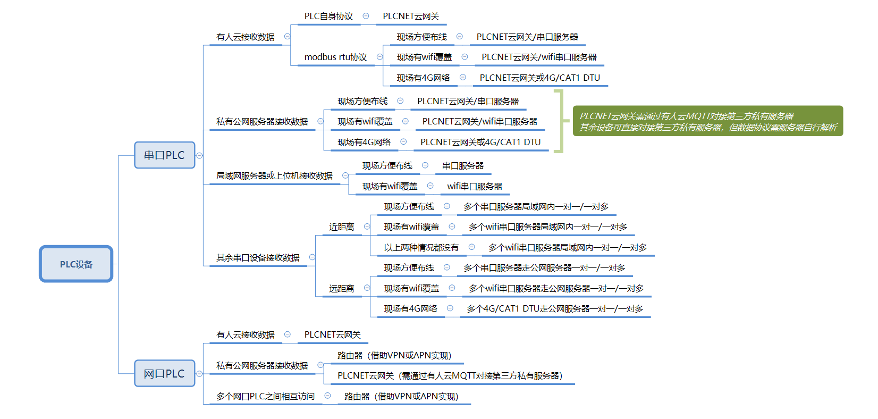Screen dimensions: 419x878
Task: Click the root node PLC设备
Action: click(x=76, y=264)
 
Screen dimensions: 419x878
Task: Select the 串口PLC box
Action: click(x=164, y=155)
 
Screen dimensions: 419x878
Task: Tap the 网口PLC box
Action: click(x=164, y=374)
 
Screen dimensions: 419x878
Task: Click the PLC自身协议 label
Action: click(x=328, y=16)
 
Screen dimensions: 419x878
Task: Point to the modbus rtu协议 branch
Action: click(x=335, y=57)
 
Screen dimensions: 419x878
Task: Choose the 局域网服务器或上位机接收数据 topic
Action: click(x=274, y=176)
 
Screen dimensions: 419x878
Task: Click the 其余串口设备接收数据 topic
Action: click(x=258, y=258)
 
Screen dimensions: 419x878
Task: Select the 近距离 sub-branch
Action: click(x=341, y=227)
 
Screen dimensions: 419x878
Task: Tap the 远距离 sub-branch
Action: click(x=341, y=289)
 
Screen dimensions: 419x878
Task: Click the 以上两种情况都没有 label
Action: click(x=421, y=248)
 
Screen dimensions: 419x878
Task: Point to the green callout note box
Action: click(x=707, y=121)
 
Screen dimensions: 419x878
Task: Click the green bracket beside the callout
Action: click(x=559, y=121)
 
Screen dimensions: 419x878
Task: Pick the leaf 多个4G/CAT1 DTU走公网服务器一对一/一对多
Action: click(x=555, y=309)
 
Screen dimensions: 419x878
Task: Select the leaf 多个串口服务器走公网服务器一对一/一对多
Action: click(x=544, y=268)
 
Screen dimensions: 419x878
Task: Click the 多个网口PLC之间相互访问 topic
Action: click(x=265, y=397)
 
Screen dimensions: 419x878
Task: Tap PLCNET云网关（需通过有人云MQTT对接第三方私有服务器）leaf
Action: click(x=450, y=376)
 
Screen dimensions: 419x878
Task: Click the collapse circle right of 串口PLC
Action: click(x=200, y=156)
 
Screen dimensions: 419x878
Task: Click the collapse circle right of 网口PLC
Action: click(x=200, y=374)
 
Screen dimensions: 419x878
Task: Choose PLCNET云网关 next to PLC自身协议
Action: click(x=411, y=16)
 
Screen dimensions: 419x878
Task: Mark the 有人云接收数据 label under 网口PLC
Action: click(x=246, y=335)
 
